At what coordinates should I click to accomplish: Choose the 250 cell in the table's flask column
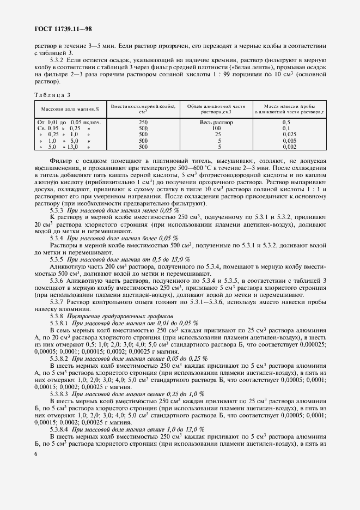[143, 123]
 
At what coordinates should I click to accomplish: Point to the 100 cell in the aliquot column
[218, 129]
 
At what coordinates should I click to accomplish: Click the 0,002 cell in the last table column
[289, 147]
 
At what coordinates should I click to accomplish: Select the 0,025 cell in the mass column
[289, 135]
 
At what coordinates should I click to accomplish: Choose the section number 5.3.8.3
[59, 393]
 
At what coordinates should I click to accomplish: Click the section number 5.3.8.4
[59, 429]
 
